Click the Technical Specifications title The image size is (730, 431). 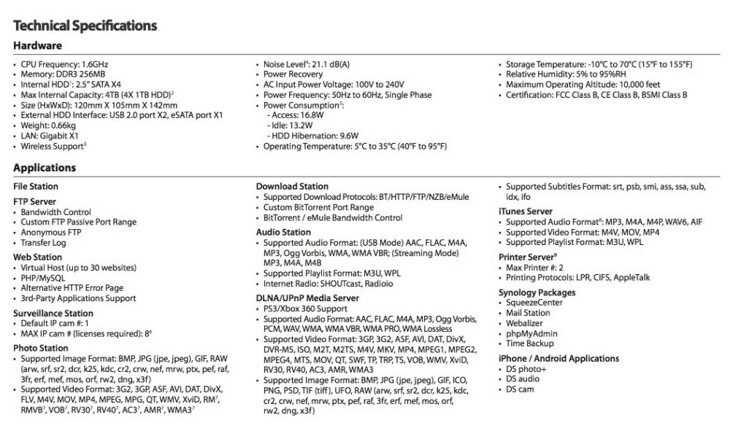[85, 26]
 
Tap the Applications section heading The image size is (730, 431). [45, 168]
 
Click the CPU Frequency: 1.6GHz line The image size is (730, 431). [65, 65]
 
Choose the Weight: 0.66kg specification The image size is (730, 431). [50, 125]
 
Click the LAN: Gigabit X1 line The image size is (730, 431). [50, 136]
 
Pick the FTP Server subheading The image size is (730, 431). [34, 201]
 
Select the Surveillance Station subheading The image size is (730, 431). [53, 313]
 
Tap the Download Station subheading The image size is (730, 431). [292, 187]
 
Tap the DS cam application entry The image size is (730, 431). [522, 389]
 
